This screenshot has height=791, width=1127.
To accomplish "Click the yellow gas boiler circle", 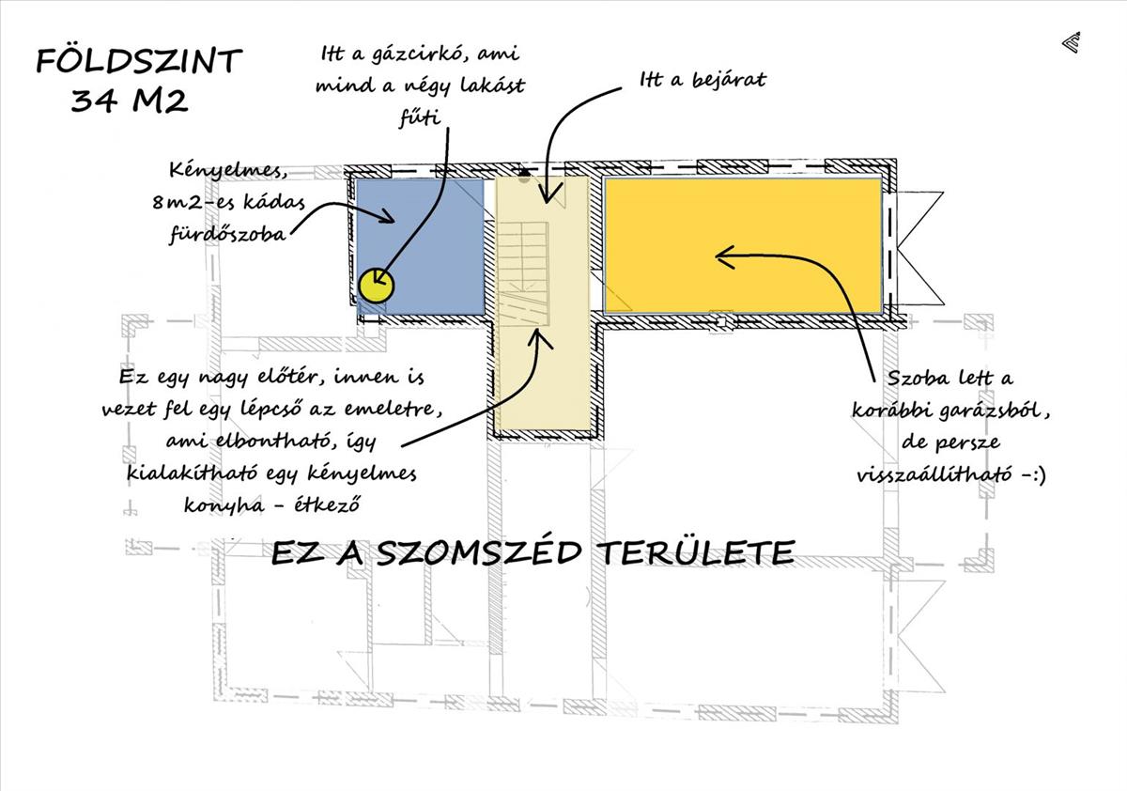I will (x=377, y=284).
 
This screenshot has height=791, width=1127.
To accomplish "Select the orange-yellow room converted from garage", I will (x=742, y=244).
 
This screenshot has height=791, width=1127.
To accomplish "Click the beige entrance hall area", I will (x=543, y=376).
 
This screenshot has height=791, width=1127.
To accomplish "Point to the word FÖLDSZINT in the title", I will (x=139, y=61).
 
